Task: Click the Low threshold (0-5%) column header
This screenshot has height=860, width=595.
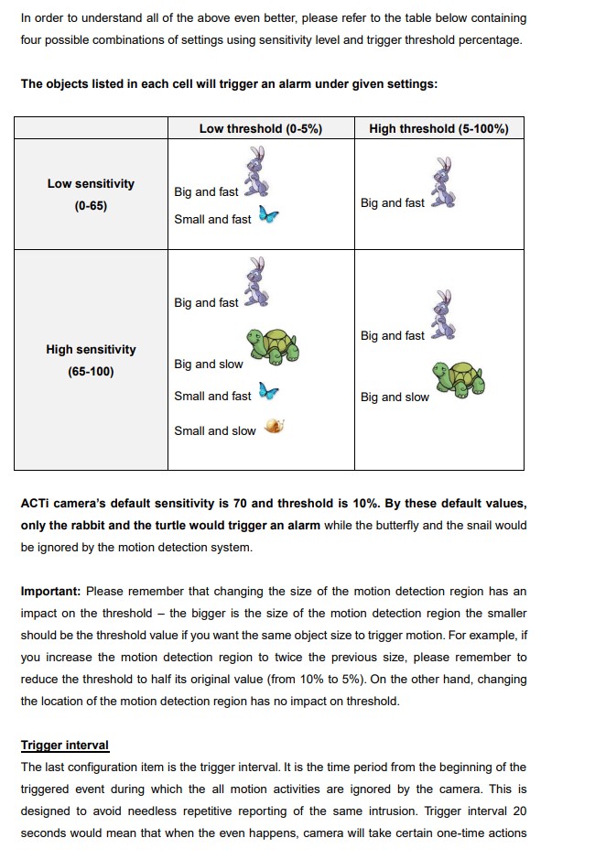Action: (x=261, y=129)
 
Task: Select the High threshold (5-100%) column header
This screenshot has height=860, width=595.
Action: (x=438, y=129)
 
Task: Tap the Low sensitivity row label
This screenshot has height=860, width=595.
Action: (x=91, y=184)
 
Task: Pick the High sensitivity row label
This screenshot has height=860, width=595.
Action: (x=91, y=350)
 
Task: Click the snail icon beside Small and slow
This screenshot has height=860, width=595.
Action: (x=274, y=426)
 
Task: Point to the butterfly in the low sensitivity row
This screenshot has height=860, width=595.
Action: (x=268, y=216)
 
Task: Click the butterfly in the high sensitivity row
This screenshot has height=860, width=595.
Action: (x=268, y=392)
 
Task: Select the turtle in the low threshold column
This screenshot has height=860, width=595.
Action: (x=274, y=346)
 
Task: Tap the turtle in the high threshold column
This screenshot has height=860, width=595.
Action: (x=460, y=377)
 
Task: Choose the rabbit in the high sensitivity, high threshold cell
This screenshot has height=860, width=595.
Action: (x=444, y=317)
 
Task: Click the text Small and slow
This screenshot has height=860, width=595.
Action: (x=215, y=431)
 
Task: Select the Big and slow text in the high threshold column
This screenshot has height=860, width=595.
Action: (x=395, y=397)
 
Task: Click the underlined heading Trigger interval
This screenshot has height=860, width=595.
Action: (x=65, y=746)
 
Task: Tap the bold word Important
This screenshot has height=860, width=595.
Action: (x=50, y=592)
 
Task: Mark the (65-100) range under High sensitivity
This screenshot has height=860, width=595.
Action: (x=91, y=372)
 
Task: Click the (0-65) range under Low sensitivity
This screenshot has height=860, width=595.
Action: (x=91, y=206)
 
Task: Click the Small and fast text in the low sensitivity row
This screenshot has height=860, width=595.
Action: (x=212, y=220)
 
